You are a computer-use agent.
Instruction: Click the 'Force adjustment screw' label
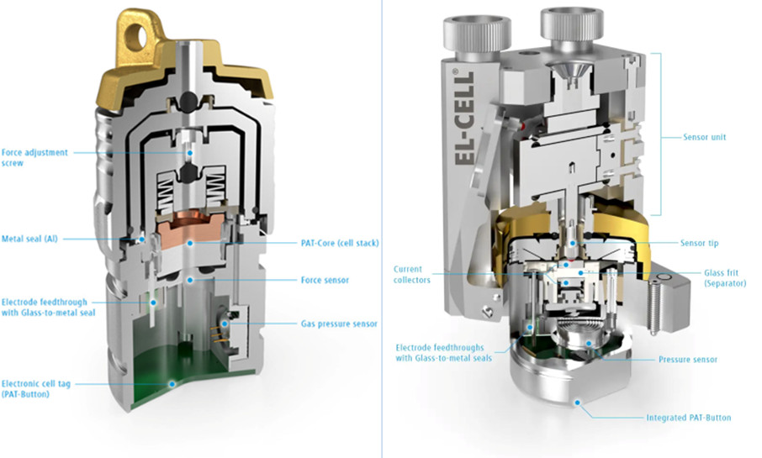pos(34,157)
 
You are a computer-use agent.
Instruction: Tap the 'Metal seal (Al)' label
pos(29,239)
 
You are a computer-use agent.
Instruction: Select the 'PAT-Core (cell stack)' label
pos(340,243)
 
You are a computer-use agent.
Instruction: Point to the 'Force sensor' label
pos(325,280)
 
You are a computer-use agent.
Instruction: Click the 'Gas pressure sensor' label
pos(339,324)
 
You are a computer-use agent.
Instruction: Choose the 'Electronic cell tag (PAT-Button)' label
pos(36,388)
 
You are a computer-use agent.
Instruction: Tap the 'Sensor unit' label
pos(704,137)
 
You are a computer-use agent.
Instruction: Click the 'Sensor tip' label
pos(699,243)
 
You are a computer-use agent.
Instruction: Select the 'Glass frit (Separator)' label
pos(725,278)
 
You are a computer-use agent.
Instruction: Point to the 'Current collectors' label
pos(411,275)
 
